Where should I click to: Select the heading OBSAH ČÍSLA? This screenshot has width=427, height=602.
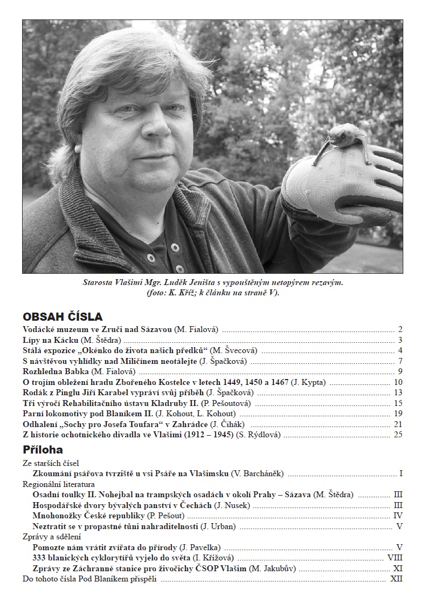click(63, 316)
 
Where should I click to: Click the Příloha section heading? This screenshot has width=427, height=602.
click(43, 449)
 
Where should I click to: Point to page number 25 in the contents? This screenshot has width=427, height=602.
click(398, 435)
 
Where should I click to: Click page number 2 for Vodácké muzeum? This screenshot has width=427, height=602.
click(401, 329)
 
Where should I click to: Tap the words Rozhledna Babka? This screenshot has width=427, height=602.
click(56, 371)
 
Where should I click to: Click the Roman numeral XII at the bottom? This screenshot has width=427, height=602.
click(396, 579)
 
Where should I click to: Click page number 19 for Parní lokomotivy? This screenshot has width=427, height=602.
click(398, 414)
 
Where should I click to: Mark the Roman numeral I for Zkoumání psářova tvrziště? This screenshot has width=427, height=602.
click(401, 474)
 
